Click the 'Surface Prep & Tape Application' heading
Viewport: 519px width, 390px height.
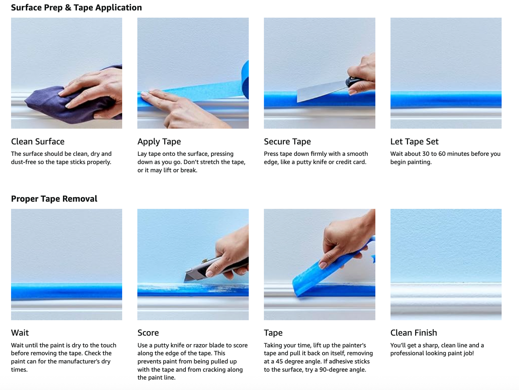76,8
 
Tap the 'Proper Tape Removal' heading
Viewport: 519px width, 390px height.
54,199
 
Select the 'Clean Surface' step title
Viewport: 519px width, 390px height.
38,142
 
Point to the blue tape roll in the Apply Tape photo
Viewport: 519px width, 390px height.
245,79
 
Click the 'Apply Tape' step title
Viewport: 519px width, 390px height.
159,142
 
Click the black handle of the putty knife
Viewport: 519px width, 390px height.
354,82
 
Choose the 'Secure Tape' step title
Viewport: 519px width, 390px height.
287,142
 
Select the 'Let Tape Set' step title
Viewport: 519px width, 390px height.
414,142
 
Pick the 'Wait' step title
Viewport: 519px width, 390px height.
20,333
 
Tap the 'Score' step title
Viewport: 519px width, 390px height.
148,333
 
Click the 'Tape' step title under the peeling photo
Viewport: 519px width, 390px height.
273,333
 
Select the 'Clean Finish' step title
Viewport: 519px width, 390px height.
413,333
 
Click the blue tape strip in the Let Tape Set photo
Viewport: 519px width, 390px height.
446,99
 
